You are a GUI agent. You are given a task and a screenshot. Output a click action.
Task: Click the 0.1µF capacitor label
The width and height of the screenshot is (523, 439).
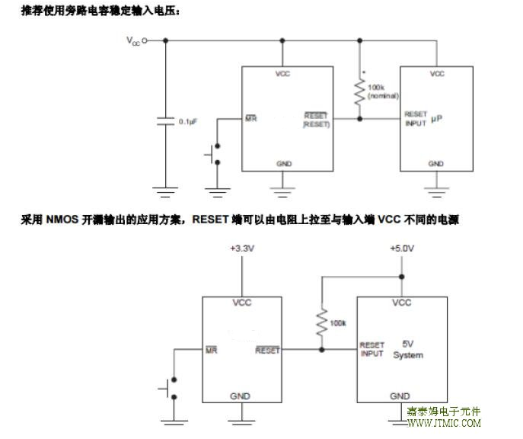188,121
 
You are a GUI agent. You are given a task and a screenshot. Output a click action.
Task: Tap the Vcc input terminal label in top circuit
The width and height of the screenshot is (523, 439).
133,43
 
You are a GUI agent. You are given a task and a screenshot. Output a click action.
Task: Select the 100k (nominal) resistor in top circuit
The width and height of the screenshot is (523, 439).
359,92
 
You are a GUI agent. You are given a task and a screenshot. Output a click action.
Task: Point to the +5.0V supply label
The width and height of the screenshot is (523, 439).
400,249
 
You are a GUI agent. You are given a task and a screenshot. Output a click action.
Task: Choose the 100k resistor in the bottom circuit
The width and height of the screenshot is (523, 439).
322,322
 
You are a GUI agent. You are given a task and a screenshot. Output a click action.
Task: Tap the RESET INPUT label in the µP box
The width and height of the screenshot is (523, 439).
416,118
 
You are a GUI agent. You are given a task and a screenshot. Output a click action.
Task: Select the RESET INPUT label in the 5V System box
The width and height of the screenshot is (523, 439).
372,349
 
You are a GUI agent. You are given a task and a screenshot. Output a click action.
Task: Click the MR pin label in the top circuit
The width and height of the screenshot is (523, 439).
250,119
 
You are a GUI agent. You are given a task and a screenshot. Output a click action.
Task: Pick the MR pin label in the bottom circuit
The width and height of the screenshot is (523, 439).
211,351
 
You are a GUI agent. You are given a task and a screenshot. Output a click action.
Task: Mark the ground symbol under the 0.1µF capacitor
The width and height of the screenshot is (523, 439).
165,187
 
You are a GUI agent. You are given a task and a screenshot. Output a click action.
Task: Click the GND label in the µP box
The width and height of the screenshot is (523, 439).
436,164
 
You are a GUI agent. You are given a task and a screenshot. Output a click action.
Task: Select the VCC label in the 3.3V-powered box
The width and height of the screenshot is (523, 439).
241,303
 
